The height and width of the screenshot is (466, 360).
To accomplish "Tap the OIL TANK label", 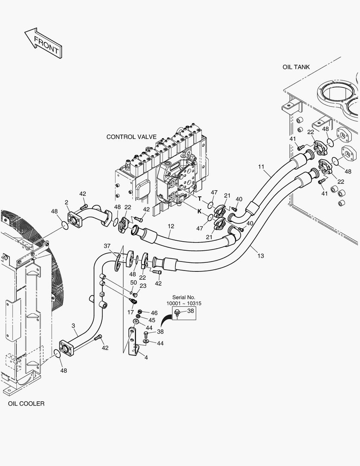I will (x=296, y=67).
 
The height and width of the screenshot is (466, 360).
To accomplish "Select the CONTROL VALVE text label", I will (x=131, y=137).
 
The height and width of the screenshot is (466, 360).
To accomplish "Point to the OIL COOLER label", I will (x=26, y=403).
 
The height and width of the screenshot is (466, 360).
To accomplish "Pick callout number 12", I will (x=171, y=226).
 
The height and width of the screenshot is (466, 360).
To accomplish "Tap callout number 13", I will (x=260, y=256).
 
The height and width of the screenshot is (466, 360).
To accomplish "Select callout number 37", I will (x=107, y=246).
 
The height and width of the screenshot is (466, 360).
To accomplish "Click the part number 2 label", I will (x=66, y=202).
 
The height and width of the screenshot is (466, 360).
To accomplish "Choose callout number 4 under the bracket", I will (x=146, y=357).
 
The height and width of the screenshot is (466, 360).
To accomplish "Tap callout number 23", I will (x=143, y=286).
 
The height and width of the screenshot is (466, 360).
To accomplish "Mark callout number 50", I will (x=134, y=282).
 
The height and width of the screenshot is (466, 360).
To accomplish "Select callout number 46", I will (x=154, y=313).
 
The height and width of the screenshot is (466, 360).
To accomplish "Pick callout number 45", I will (x=152, y=320).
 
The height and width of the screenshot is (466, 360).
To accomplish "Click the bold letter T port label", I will (x=200, y=198).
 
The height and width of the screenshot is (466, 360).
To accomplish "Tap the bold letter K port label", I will (x=200, y=211).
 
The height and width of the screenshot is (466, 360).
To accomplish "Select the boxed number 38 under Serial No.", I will (x=191, y=311).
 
